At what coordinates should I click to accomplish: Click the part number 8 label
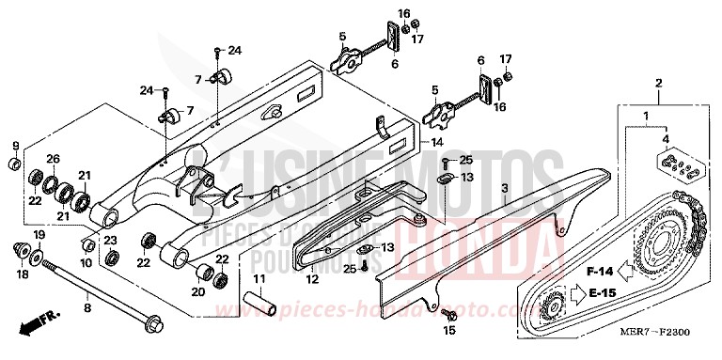point(86,306)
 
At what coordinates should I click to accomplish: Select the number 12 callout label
point(312,279)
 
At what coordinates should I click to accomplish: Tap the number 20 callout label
point(198,292)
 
